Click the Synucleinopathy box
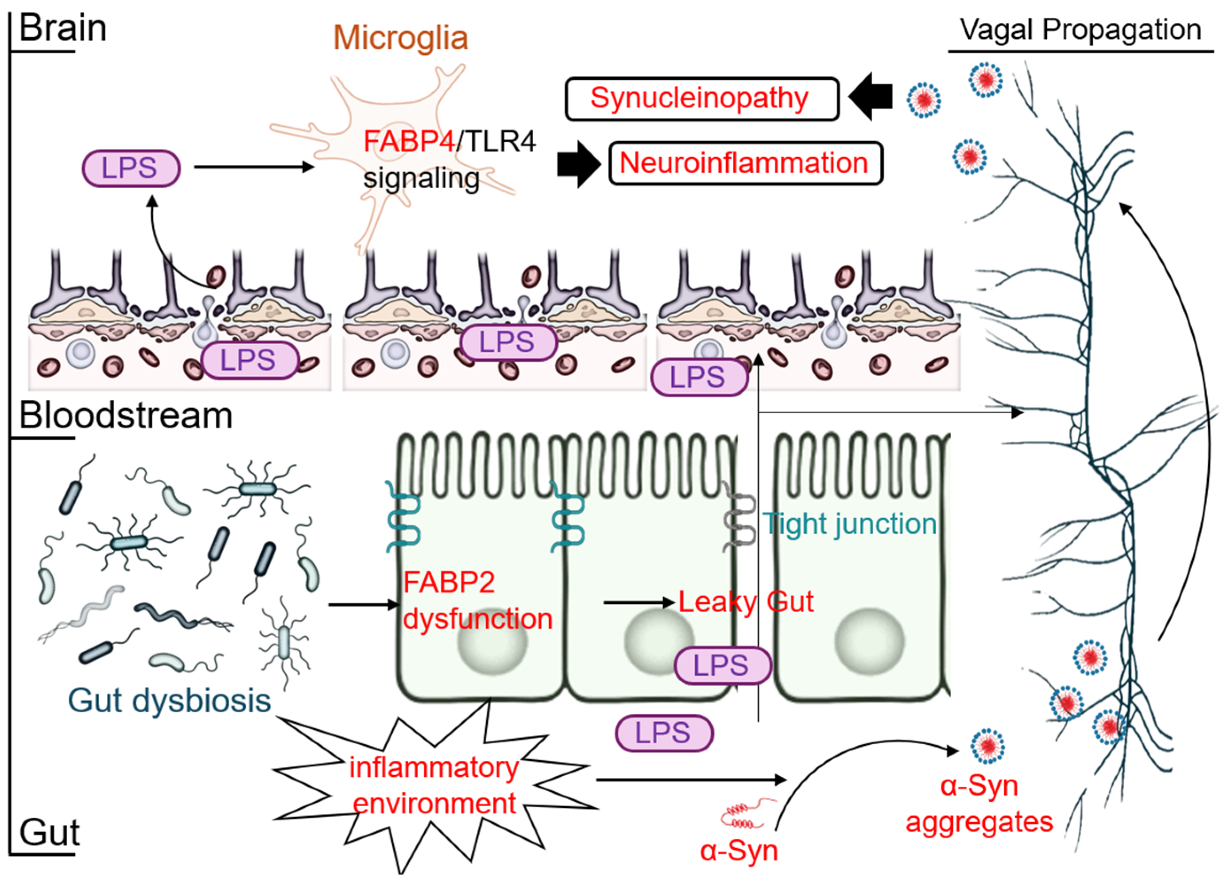click(702, 99)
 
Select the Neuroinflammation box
click(746, 163)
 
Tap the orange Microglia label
click(400, 38)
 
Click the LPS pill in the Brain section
click(131, 168)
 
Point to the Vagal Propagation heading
click(1080, 30)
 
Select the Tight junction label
click(849, 524)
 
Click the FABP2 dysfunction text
click(476, 601)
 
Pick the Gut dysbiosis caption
click(169, 700)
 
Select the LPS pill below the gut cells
click(664, 733)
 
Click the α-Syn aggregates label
click(979, 804)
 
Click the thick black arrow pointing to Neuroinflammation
click(578, 164)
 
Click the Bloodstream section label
click(125, 416)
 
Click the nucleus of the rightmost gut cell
click(869, 641)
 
